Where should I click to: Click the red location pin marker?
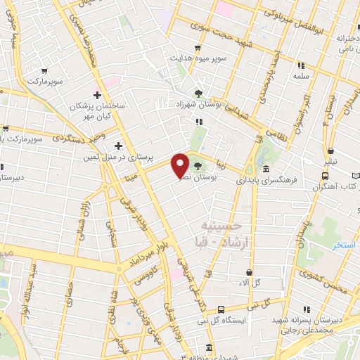pos(181,165)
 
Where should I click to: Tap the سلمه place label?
pos(301,75)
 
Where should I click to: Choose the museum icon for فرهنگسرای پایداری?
pos(266,169)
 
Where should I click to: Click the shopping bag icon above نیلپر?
pos(330,150)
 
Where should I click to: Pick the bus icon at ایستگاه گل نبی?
pos(221,309)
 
